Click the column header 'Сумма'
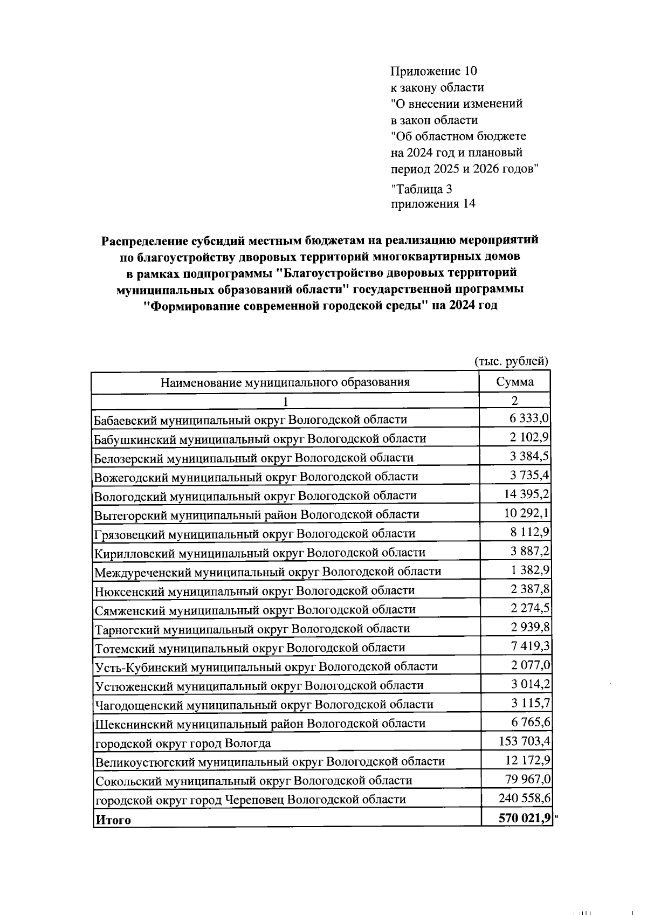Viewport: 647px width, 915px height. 514,382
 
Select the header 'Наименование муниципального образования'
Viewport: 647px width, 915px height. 285,382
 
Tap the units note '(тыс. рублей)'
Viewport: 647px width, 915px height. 511,361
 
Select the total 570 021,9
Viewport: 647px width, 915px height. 525,818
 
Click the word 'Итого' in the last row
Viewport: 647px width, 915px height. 113,820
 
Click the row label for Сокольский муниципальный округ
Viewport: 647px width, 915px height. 253,780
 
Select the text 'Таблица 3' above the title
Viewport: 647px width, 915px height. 421,189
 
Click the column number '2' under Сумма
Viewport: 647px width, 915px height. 514,401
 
